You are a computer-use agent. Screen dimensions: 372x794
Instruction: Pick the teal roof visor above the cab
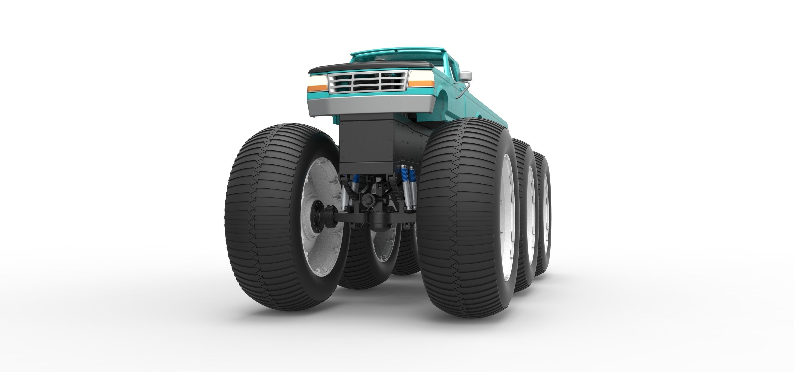398,50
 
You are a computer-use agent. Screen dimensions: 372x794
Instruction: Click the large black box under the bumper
367,145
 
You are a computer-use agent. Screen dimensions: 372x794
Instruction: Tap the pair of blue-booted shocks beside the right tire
408,188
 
